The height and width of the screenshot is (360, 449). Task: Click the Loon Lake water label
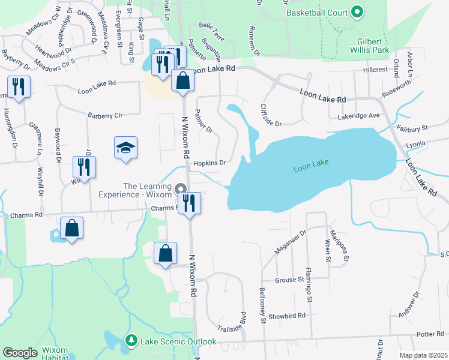312,169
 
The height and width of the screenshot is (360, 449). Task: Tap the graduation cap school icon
126,148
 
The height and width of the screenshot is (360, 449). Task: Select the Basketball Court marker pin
357,12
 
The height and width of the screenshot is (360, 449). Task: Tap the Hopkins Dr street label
210,163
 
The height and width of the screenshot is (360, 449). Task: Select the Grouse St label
289,280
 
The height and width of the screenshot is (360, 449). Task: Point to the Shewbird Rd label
288,316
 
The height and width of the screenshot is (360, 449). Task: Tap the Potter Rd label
429,334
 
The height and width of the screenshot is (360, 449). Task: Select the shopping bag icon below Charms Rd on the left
71,229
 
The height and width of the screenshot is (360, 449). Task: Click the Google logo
19,352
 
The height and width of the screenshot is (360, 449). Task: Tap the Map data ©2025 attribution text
423,355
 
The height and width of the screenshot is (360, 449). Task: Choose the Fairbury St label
412,128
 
